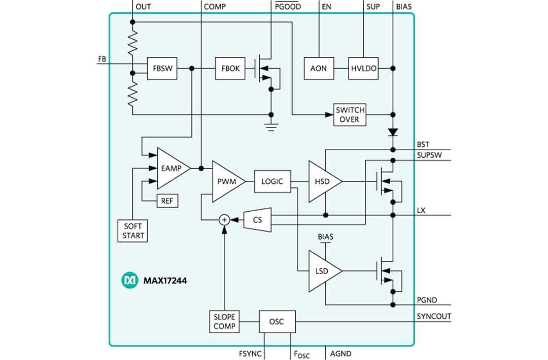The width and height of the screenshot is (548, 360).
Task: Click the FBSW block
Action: [x=162, y=69]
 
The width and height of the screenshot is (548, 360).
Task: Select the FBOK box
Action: [x=230, y=69]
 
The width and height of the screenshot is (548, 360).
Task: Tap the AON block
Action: [x=319, y=69]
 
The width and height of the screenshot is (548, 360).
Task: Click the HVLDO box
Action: [x=363, y=69]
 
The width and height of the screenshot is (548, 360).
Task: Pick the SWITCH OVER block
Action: [x=350, y=115]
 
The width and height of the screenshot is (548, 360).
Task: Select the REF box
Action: [x=167, y=201]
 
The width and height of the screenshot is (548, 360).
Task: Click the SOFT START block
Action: [x=133, y=231]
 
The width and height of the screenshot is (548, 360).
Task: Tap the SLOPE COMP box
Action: [x=224, y=321]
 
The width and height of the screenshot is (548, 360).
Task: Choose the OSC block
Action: [x=277, y=321]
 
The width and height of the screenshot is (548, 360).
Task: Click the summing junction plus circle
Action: [x=224, y=219]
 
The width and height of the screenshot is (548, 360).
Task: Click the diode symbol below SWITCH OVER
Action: [x=393, y=132]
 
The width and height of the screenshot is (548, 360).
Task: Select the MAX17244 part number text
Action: [x=165, y=280]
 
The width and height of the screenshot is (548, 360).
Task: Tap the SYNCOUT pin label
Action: [x=434, y=316]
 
